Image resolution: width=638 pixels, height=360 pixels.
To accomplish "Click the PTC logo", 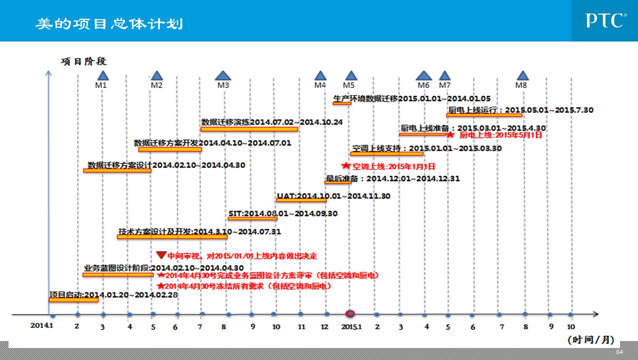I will (606, 20).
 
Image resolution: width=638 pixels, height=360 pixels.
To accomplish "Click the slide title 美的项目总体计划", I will (109, 23).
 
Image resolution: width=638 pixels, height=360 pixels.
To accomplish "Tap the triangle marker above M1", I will (102, 75).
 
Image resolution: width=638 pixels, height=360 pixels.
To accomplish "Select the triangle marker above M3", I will (223, 75).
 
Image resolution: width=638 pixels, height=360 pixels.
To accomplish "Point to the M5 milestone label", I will (349, 85).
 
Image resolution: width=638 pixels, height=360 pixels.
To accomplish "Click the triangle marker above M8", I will (523, 75).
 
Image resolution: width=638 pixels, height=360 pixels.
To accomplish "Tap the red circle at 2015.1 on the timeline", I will (351, 313).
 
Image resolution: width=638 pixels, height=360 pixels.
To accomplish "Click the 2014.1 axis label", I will (41, 325).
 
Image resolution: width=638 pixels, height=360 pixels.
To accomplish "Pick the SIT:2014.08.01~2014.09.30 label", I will (283, 213).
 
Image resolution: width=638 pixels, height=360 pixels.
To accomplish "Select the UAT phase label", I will (333, 195).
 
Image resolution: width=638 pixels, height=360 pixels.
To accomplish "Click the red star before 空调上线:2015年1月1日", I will (345, 165).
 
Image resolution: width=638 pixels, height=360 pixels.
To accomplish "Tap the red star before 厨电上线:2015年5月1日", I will (450, 134).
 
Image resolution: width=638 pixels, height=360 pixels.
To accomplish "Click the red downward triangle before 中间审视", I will (161, 254).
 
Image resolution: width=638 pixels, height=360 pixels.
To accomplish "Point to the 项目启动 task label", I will (113, 294).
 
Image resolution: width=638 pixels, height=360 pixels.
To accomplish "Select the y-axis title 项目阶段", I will (84, 62).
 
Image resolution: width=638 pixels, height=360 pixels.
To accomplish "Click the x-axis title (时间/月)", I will (590, 340).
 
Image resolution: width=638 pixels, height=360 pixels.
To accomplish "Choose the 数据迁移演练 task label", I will (272, 122).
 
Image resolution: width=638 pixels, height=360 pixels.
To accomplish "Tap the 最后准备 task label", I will (392, 178).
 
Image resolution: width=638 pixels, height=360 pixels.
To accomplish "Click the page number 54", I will (620, 352).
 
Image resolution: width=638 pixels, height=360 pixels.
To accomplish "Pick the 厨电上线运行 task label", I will (521, 109).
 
